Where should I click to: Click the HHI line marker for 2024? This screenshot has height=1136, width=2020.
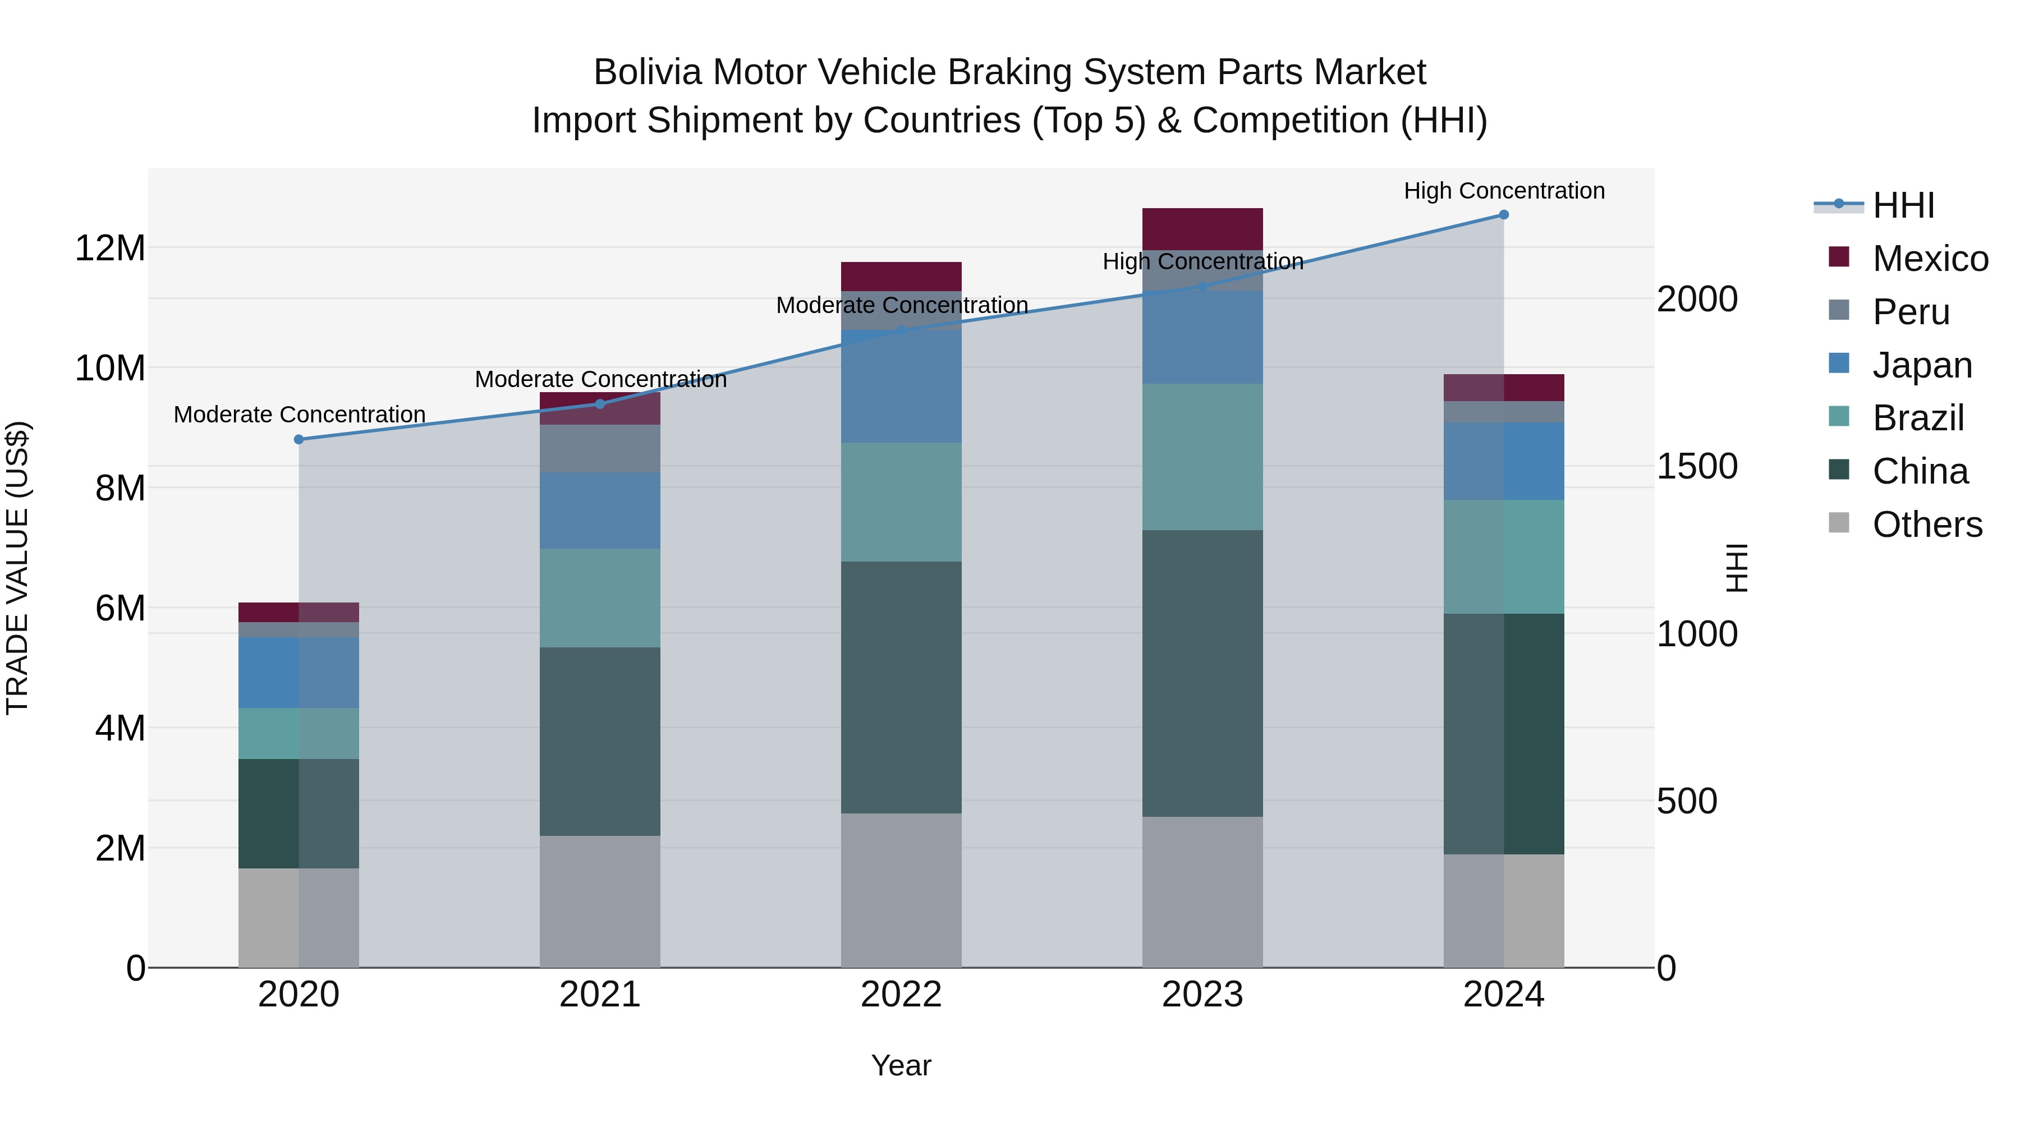point(1503,214)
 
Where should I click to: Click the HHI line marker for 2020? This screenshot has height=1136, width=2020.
point(299,439)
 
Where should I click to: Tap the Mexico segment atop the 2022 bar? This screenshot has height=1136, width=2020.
point(901,276)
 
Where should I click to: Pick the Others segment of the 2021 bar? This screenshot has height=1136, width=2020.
point(600,901)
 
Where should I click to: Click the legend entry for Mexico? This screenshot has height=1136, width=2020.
point(1929,259)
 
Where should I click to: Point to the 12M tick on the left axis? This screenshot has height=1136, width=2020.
point(110,248)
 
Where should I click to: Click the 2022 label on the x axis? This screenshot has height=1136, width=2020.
point(901,995)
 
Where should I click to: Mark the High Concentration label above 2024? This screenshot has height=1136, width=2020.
point(1503,191)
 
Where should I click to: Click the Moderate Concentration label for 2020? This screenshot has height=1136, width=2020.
point(299,414)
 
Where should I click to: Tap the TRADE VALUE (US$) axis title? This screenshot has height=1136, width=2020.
point(17,568)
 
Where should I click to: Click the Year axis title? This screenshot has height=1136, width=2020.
point(901,1065)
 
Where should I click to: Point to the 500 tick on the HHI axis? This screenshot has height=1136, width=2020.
point(1687,801)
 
